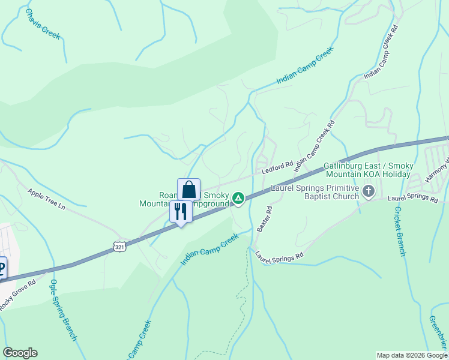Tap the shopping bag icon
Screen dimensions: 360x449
(188, 190)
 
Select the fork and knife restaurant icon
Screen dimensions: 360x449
(181, 211)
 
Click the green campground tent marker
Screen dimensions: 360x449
(238, 197)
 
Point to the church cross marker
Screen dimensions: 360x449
(369, 191)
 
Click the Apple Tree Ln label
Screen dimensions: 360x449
(46, 198)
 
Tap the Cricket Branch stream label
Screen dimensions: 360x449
(400, 231)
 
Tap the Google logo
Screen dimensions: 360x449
(20, 353)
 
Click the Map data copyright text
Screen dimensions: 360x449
(411, 355)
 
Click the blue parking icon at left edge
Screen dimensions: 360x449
(2, 268)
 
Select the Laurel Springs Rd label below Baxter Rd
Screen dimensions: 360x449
(280, 256)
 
